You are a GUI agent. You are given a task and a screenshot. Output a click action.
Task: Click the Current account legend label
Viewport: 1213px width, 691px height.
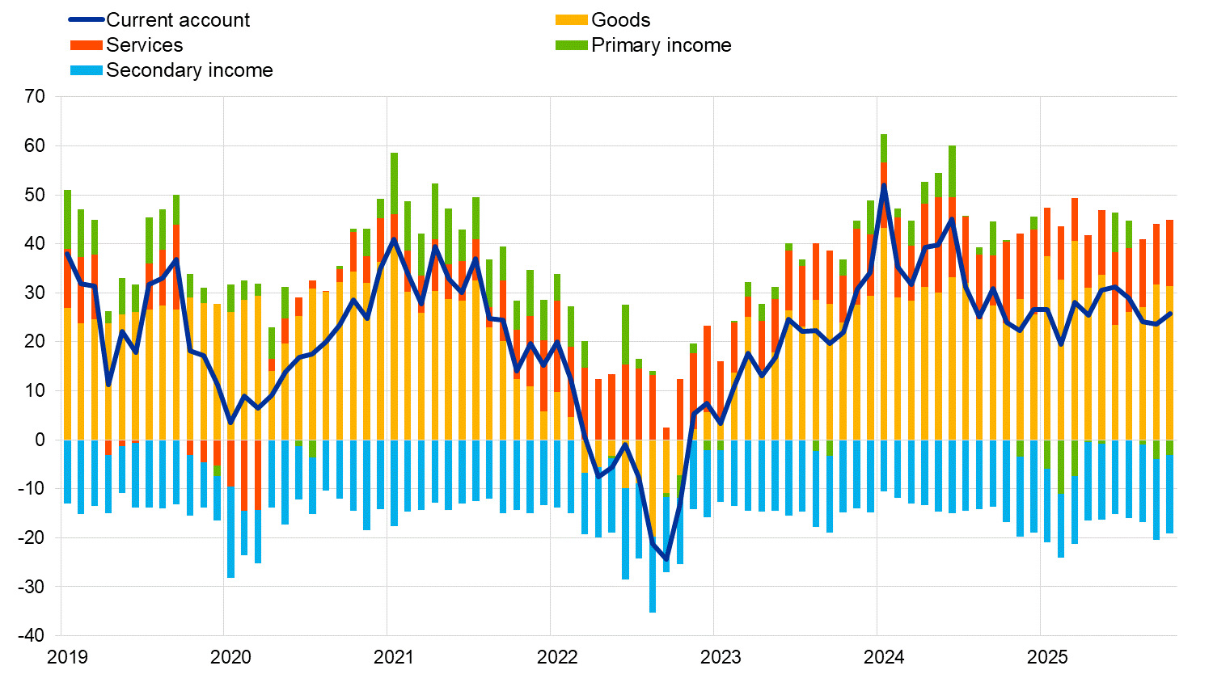178,20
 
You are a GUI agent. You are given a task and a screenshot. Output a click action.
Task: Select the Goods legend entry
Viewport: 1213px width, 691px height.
620,20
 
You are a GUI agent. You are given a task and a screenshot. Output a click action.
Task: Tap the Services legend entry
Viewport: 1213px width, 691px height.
144,45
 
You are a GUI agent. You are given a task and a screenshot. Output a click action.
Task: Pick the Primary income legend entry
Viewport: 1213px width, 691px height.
661,45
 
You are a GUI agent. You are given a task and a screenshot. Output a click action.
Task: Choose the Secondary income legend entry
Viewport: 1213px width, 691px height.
189,70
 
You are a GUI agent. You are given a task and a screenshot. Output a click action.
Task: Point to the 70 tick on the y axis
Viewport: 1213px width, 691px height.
36,97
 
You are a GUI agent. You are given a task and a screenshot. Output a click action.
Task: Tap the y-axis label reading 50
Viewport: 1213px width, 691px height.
36,195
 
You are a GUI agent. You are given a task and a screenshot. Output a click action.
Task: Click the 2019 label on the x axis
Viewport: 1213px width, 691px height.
67,657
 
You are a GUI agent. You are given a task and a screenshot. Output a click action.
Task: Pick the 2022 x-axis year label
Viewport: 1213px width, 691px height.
557,657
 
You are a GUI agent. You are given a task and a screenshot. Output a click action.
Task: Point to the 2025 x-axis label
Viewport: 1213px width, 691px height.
1047,657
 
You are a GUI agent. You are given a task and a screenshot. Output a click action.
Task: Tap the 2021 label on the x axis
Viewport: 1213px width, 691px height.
394,657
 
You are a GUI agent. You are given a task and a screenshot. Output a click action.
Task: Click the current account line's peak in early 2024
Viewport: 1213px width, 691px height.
884,186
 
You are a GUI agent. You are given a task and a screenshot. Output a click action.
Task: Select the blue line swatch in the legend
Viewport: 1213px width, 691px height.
87,20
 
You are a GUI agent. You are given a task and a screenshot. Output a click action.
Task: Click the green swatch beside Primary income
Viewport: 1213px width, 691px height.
572,45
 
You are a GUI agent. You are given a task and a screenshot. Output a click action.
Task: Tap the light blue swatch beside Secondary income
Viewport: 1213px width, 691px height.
87,70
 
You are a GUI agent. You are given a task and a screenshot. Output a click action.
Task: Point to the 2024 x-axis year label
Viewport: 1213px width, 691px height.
884,657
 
